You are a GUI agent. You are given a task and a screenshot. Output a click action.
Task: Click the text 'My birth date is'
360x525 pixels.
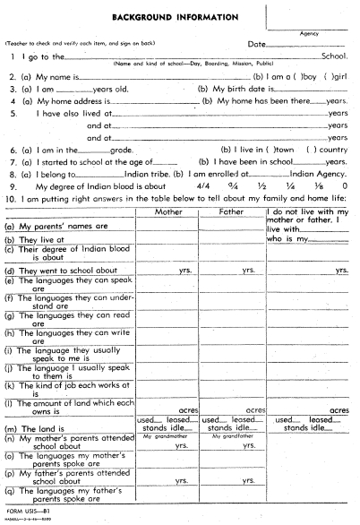tap(232, 90)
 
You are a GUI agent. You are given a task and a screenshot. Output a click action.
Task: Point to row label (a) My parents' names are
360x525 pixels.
tap(56, 228)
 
